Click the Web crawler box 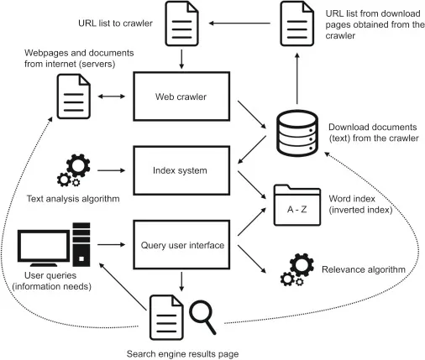[x=181, y=97]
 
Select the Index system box [x=181, y=170]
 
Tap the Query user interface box [x=181, y=244]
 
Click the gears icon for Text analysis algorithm [x=69, y=170]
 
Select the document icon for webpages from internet [x=74, y=97]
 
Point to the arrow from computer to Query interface [x=113, y=244]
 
